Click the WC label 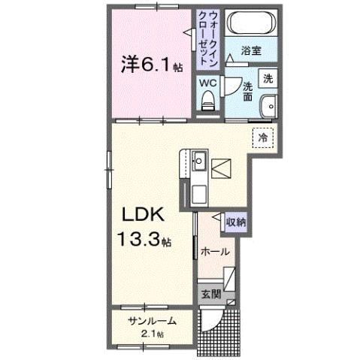pyautogui.click(x=207, y=83)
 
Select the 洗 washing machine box pyautogui.click(x=268, y=77)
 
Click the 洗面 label pyautogui.click(x=247, y=89)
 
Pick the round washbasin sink pyautogui.click(x=268, y=107)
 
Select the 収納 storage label pyautogui.click(x=235, y=222)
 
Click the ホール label pyautogui.click(x=215, y=251)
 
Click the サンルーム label pyautogui.click(x=153, y=321)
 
